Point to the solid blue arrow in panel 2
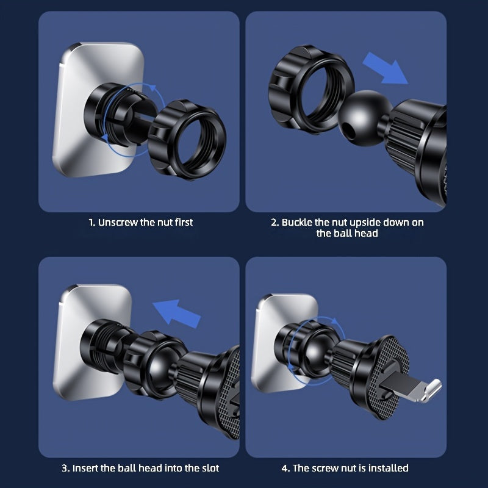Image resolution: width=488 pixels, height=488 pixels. coord(385,68)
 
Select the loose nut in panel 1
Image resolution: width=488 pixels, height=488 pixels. coord(187,140)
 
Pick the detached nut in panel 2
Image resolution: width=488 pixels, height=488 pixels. coord(311,90)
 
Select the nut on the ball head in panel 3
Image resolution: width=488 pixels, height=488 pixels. coord(155,364)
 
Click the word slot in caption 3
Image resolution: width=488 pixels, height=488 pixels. coord(210,468)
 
